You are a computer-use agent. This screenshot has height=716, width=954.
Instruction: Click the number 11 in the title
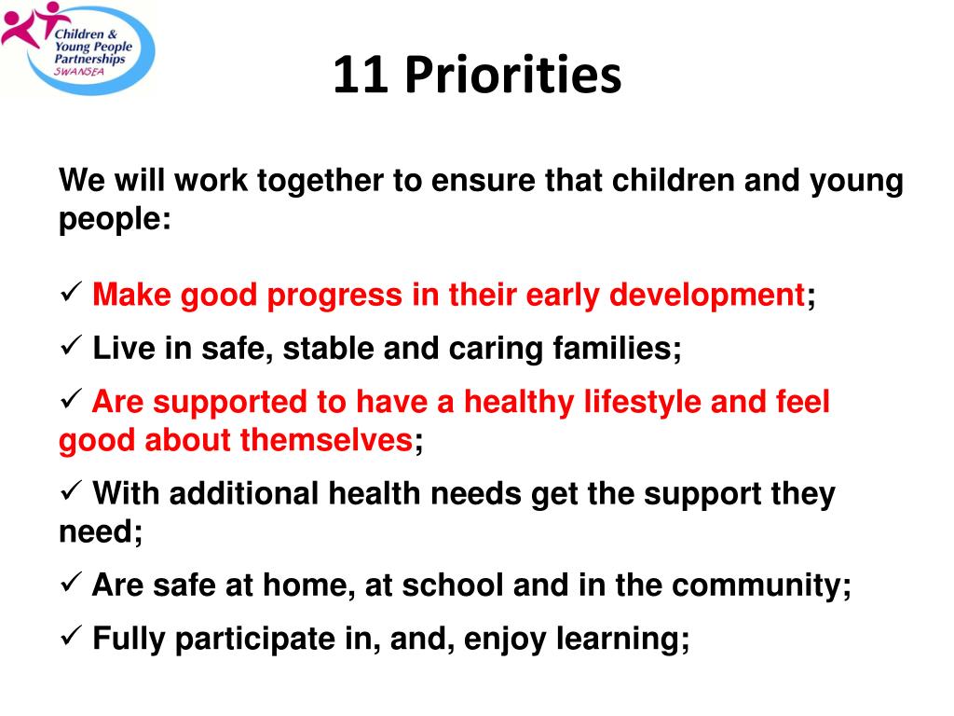coord(361,75)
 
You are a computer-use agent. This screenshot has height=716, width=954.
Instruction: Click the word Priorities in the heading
coord(513,75)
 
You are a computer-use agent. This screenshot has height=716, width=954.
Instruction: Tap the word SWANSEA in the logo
coord(79,71)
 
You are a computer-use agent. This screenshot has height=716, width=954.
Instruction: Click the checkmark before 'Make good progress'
coord(71,292)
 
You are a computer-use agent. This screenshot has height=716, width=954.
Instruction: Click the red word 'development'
coord(707,296)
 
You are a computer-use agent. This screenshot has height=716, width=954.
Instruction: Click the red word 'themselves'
coord(328,440)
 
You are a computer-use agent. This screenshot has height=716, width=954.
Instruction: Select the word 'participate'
coord(255,640)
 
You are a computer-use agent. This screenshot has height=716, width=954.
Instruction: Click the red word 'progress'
coord(334,296)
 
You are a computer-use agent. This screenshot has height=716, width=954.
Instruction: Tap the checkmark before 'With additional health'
coord(71,490)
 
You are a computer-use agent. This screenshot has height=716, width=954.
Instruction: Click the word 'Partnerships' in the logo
coord(89,59)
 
